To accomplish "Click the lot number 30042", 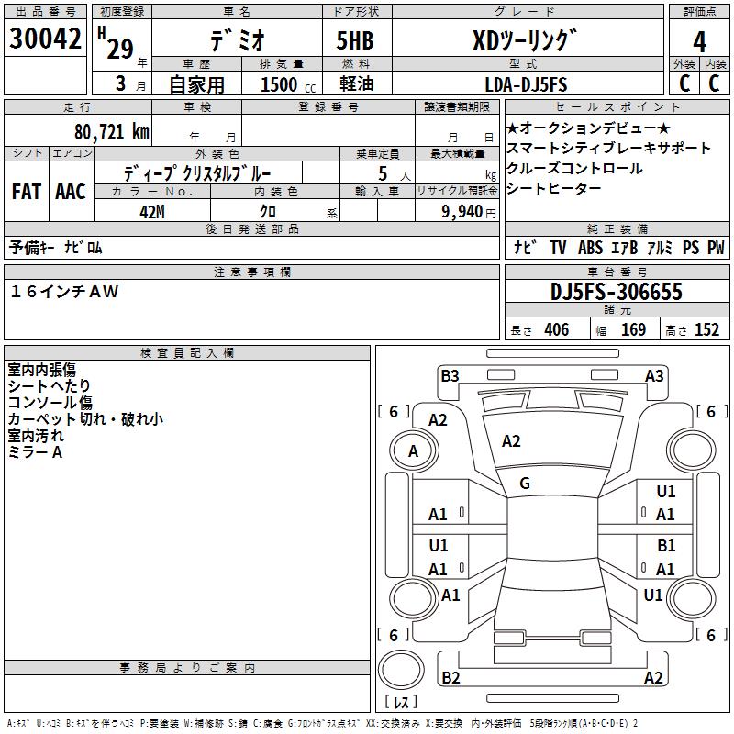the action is (45, 38).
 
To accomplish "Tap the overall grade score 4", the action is (699, 41).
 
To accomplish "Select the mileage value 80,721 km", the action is (111, 132).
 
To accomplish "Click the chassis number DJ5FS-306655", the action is (616, 292).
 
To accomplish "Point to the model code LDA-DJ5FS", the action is (526, 84).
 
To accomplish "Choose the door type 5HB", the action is (355, 40).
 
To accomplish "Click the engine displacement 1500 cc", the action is (288, 84).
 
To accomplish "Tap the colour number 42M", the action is (152, 212).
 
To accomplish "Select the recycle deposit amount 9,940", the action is (462, 212).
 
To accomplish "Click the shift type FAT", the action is (27, 192).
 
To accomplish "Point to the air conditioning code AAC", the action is (71, 192).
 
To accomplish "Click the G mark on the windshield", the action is (525, 484).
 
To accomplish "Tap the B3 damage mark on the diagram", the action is (450, 376).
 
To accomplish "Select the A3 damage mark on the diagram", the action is (654, 376).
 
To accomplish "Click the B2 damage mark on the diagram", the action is (450, 677).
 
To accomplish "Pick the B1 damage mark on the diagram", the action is (666, 545).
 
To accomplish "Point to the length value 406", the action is (557, 329).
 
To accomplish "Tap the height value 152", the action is (706, 329).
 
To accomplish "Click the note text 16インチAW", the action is (64, 292).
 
